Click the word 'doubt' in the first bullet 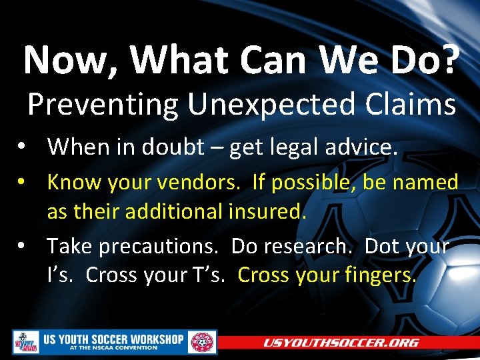[x=178, y=146]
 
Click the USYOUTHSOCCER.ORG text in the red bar [x=341, y=343]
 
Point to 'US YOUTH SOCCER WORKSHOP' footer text [x=113, y=339]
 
